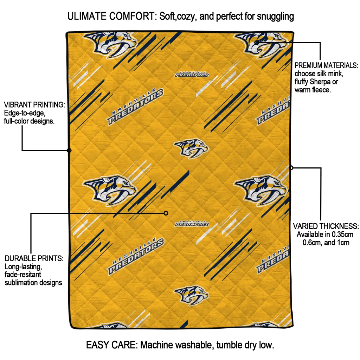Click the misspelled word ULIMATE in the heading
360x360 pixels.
tap(87, 16)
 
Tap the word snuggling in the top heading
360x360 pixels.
tap(276, 17)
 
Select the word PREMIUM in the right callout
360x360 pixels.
tap(308, 65)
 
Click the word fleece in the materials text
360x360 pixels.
tap(322, 90)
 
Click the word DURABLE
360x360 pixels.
tap(19, 258)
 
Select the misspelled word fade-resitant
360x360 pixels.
tap(23, 274)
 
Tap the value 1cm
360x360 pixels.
tap(343, 243)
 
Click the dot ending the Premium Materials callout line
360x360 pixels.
tap(256, 43)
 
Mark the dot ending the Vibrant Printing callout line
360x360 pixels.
tap(69, 150)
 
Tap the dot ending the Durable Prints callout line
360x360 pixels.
tap(166, 213)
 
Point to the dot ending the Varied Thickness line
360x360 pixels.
tap(291, 168)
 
